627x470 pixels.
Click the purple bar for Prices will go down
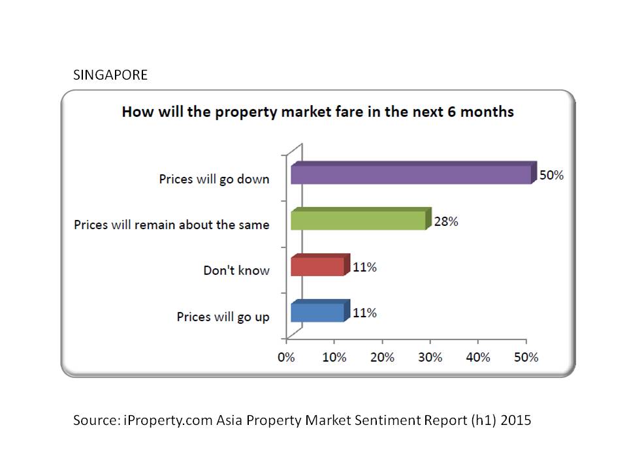[411, 174]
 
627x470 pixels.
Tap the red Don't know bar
[317, 266]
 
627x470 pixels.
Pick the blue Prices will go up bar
[317, 312]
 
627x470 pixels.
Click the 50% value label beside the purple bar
[551, 176]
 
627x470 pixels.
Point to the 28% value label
[445, 221]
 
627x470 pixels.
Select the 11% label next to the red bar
[364, 267]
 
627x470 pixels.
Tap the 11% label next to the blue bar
[364, 313]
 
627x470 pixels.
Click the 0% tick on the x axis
[286, 358]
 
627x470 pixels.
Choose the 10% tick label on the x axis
[334, 358]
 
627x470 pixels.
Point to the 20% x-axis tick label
[382, 358]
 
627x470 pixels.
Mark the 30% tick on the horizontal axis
[430, 358]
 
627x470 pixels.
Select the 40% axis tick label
[478, 358]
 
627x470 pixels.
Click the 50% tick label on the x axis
[526, 358]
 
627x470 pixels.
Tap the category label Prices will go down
[214, 179]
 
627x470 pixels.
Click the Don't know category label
[236, 270]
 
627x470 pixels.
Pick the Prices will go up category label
[223, 317]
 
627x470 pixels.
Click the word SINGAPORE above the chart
[110, 75]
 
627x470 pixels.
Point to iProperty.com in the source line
[167, 420]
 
